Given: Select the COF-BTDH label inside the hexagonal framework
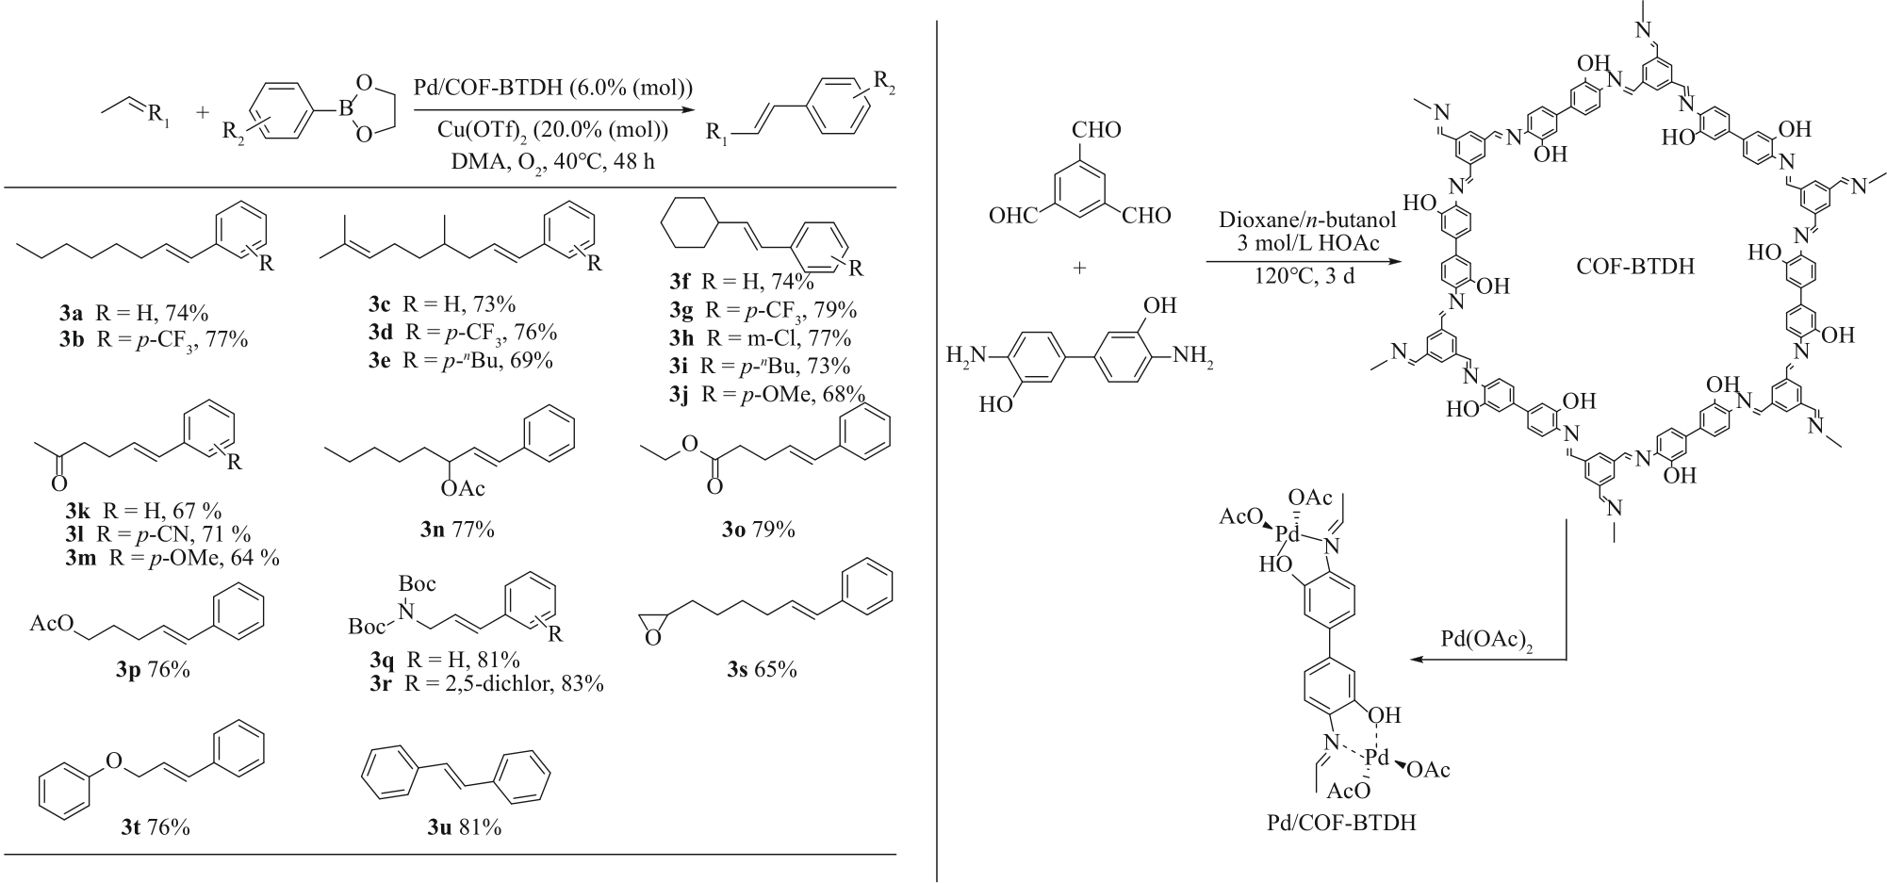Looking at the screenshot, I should point(1634,267).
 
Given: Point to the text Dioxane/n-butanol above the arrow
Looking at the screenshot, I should point(1306,221).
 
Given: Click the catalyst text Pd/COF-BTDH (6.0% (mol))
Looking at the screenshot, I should point(553,88).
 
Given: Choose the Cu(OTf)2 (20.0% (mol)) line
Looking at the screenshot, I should point(553,129).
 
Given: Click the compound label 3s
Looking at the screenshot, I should point(737,670).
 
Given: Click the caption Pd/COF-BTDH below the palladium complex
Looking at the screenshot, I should point(1340,823).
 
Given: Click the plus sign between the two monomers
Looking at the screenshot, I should point(1079,269).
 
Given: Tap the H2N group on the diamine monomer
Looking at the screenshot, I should point(968,356).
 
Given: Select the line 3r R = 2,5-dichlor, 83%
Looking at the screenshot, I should point(486,684).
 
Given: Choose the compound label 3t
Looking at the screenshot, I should point(131,828).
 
